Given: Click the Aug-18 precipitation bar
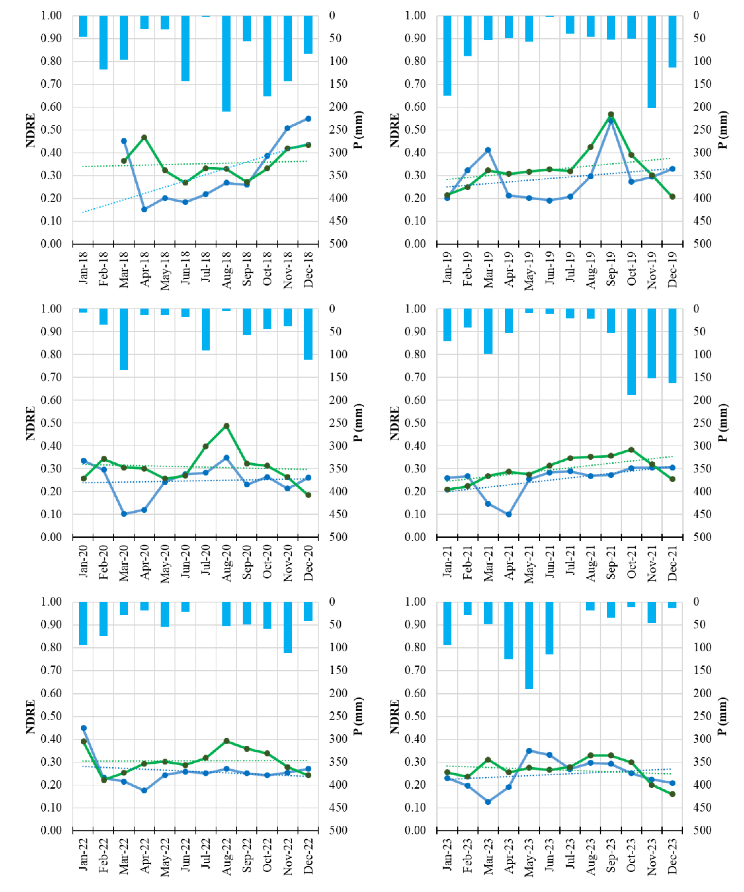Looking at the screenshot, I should pyautogui.click(x=226, y=64).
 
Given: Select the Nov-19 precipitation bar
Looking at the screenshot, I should pyautogui.click(x=652, y=62).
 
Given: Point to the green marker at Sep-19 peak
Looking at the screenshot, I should pyautogui.click(x=611, y=114).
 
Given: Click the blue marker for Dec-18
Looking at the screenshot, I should pyautogui.click(x=308, y=118).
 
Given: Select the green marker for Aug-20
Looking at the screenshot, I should pyautogui.click(x=226, y=426).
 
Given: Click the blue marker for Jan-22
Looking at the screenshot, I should pyautogui.click(x=84, y=728).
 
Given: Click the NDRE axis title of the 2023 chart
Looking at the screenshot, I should pyautogui.click(x=394, y=717).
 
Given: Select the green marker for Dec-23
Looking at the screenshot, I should pyautogui.click(x=672, y=794).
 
